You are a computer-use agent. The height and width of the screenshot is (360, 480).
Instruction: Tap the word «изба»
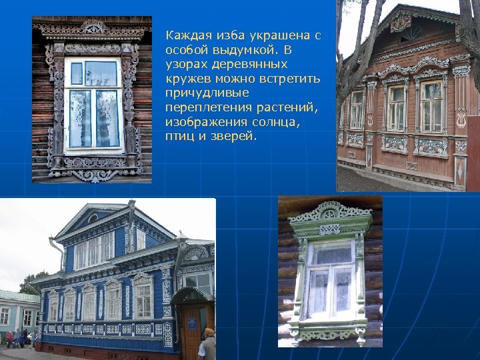tap(226, 35)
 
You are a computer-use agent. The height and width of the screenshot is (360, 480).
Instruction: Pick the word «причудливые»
tap(207, 93)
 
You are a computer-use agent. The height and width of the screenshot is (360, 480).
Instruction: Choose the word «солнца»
tap(276, 122)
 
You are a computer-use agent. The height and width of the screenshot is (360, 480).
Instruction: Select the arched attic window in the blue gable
tap(93, 218)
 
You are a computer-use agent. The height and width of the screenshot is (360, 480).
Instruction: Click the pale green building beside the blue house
tap(17, 313)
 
